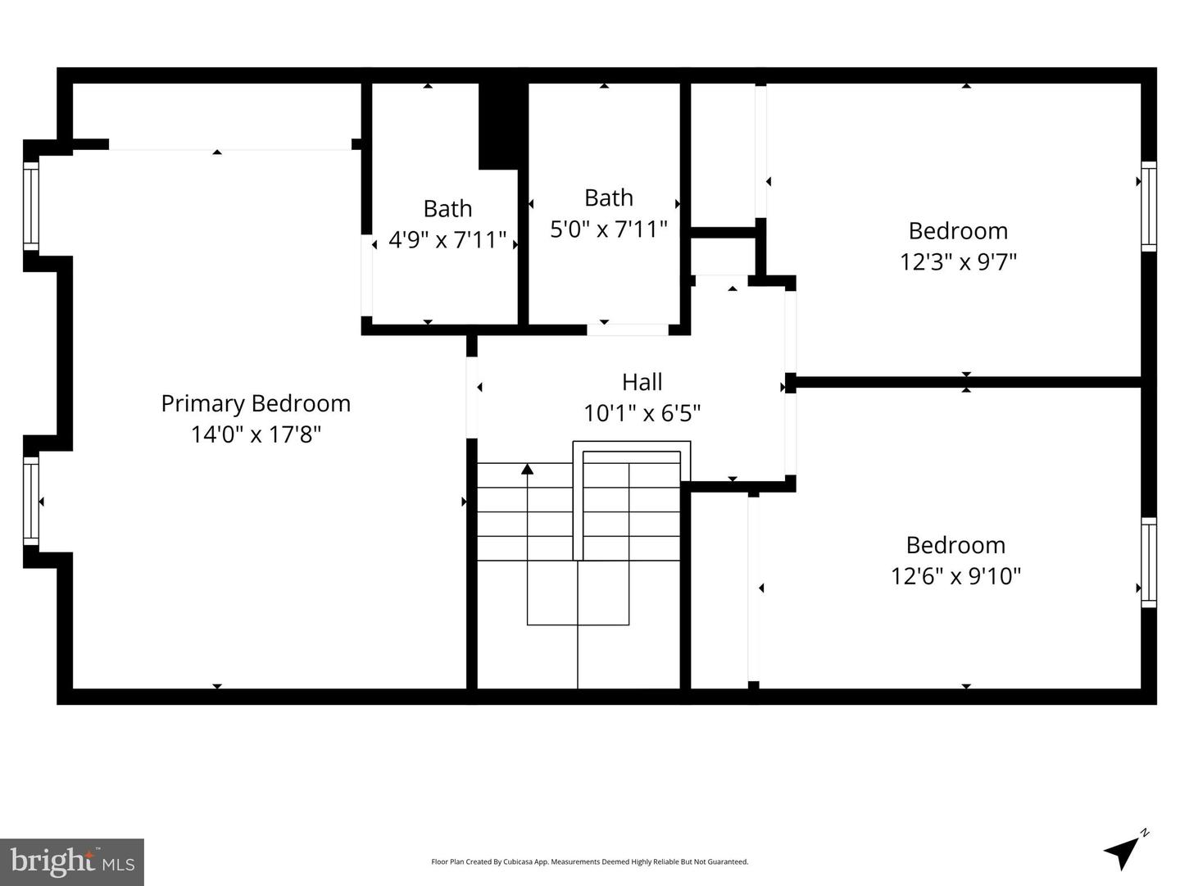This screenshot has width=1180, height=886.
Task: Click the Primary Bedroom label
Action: coord(256,403)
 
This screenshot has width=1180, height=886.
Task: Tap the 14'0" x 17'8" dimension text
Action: coord(256,434)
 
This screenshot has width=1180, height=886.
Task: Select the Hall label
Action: coord(642,382)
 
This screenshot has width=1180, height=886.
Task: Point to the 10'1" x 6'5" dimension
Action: coord(642,413)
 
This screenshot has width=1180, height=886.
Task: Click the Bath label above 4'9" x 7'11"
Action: coord(447,209)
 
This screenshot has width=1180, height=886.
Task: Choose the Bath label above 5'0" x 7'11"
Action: coord(608,198)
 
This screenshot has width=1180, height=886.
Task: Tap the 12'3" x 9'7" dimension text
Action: coord(958,262)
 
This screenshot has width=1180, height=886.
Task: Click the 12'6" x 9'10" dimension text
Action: coord(955,576)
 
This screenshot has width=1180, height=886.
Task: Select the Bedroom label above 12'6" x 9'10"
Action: coord(955,545)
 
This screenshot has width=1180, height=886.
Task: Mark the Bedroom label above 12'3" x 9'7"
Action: coord(958,231)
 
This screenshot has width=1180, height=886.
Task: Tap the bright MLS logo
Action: coord(72,861)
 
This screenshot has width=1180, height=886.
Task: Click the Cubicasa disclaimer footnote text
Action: coord(589,861)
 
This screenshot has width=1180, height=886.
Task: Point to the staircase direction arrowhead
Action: coord(528,469)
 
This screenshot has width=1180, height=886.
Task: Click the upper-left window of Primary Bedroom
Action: coord(30,206)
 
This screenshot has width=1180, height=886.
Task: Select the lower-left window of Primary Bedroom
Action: coord(30,501)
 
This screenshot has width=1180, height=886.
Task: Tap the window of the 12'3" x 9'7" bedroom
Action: coord(1149,207)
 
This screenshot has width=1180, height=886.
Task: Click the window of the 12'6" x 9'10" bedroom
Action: coord(1149,562)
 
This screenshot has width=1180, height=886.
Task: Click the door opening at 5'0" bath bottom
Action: coord(628,329)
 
